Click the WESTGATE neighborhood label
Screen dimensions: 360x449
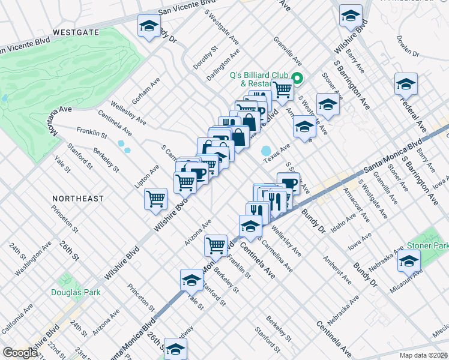click(75, 32)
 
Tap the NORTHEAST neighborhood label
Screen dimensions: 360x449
click(78, 198)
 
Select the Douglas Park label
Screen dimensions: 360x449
click(76, 292)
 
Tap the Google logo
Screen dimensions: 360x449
click(20, 353)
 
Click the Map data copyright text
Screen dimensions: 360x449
click(424, 355)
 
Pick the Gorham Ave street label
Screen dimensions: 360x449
click(145, 90)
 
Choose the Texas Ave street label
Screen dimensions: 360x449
click(277, 153)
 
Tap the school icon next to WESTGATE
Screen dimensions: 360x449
click(149, 26)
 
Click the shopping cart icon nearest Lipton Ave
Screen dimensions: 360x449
click(155, 198)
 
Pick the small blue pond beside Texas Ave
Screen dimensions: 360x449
click(266, 151)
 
